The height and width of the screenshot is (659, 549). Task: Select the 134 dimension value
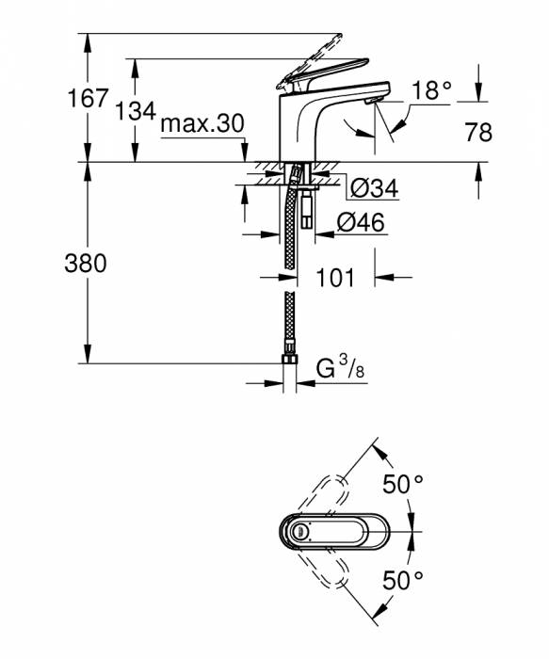tap(136, 110)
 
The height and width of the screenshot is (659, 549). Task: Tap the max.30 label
tap(202, 123)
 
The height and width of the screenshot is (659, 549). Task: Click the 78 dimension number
tap(478, 132)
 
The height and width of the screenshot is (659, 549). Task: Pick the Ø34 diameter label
tap(374, 189)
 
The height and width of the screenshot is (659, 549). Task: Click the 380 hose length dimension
tap(86, 264)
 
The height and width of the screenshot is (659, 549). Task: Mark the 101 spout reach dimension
tap(335, 278)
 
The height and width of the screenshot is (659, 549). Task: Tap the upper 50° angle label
tap(402, 485)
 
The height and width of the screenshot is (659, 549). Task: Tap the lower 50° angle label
tap(402, 580)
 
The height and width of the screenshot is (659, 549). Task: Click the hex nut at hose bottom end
tap(289, 360)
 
